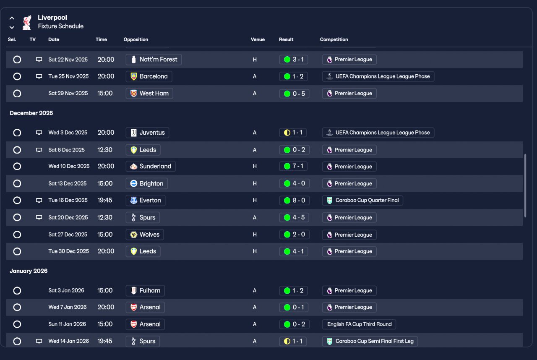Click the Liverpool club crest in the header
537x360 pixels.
click(x=27, y=23)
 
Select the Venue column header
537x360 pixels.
click(x=258, y=39)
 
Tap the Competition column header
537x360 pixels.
click(x=334, y=39)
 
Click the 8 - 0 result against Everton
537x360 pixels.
click(x=294, y=201)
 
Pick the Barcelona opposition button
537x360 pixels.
click(x=149, y=76)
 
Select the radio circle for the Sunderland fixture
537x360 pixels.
click(x=17, y=166)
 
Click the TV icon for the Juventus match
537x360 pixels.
click(x=39, y=133)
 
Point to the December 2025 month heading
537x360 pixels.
click(x=31, y=113)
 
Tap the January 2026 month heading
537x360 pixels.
click(x=29, y=271)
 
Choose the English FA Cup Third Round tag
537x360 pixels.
click(x=359, y=324)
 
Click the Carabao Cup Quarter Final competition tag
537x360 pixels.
click(x=362, y=201)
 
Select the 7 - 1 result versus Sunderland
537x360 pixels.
click(x=293, y=166)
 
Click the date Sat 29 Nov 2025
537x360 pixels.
click(x=68, y=94)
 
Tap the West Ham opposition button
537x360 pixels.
click(x=149, y=94)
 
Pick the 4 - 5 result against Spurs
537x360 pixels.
click(x=294, y=218)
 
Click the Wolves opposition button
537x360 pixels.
click(x=145, y=235)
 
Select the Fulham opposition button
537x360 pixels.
click(x=145, y=291)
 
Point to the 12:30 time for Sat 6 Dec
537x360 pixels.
click(x=105, y=150)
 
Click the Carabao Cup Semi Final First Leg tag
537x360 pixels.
click(x=370, y=341)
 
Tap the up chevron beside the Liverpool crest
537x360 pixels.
click(x=12, y=18)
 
